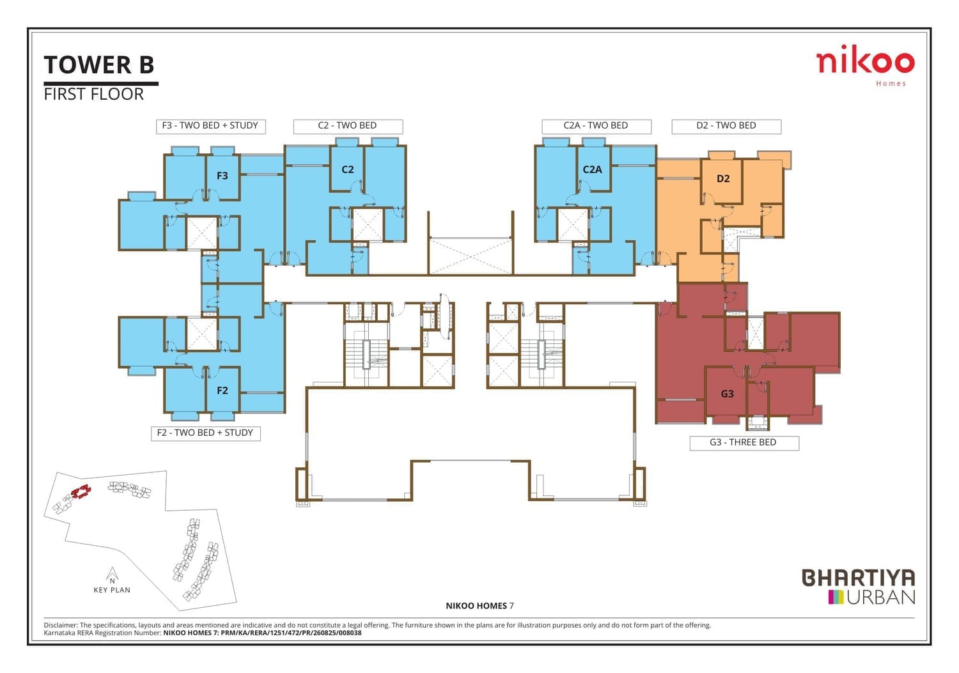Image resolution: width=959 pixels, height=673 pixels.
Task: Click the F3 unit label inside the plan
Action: [x=222, y=176]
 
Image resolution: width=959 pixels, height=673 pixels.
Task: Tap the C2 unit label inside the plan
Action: [x=348, y=169]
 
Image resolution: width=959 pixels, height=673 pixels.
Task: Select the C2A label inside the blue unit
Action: [x=593, y=169]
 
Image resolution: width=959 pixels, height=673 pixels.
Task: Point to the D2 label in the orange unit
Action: [x=723, y=178]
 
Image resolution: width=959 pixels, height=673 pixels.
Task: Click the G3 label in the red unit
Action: [x=728, y=394]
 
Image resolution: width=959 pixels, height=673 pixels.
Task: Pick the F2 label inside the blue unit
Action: [x=222, y=391]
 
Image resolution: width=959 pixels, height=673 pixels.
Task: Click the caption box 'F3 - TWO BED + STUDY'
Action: [x=210, y=127]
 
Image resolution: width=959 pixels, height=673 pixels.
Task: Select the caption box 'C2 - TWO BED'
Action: [x=348, y=127]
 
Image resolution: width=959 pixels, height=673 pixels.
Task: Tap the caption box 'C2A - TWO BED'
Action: [x=596, y=127]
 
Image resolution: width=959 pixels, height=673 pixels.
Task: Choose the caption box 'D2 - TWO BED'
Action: [x=726, y=127]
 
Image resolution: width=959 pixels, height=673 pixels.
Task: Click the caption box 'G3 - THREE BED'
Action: [x=744, y=443]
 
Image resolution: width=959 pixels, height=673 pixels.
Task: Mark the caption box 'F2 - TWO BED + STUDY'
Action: [x=205, y=433]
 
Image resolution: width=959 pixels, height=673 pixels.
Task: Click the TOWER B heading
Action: [x=99, y=65]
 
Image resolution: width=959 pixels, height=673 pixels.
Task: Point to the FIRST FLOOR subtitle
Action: [x=94, y=94]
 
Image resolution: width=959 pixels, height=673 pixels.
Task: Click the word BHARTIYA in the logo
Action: [x=858, y=577]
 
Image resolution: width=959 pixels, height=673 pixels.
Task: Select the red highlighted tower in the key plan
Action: [x=81, y=491]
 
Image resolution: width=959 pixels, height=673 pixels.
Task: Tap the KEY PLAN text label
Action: [x=112, y=590]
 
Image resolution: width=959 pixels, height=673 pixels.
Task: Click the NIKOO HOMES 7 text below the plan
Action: [x=479, y=606]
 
